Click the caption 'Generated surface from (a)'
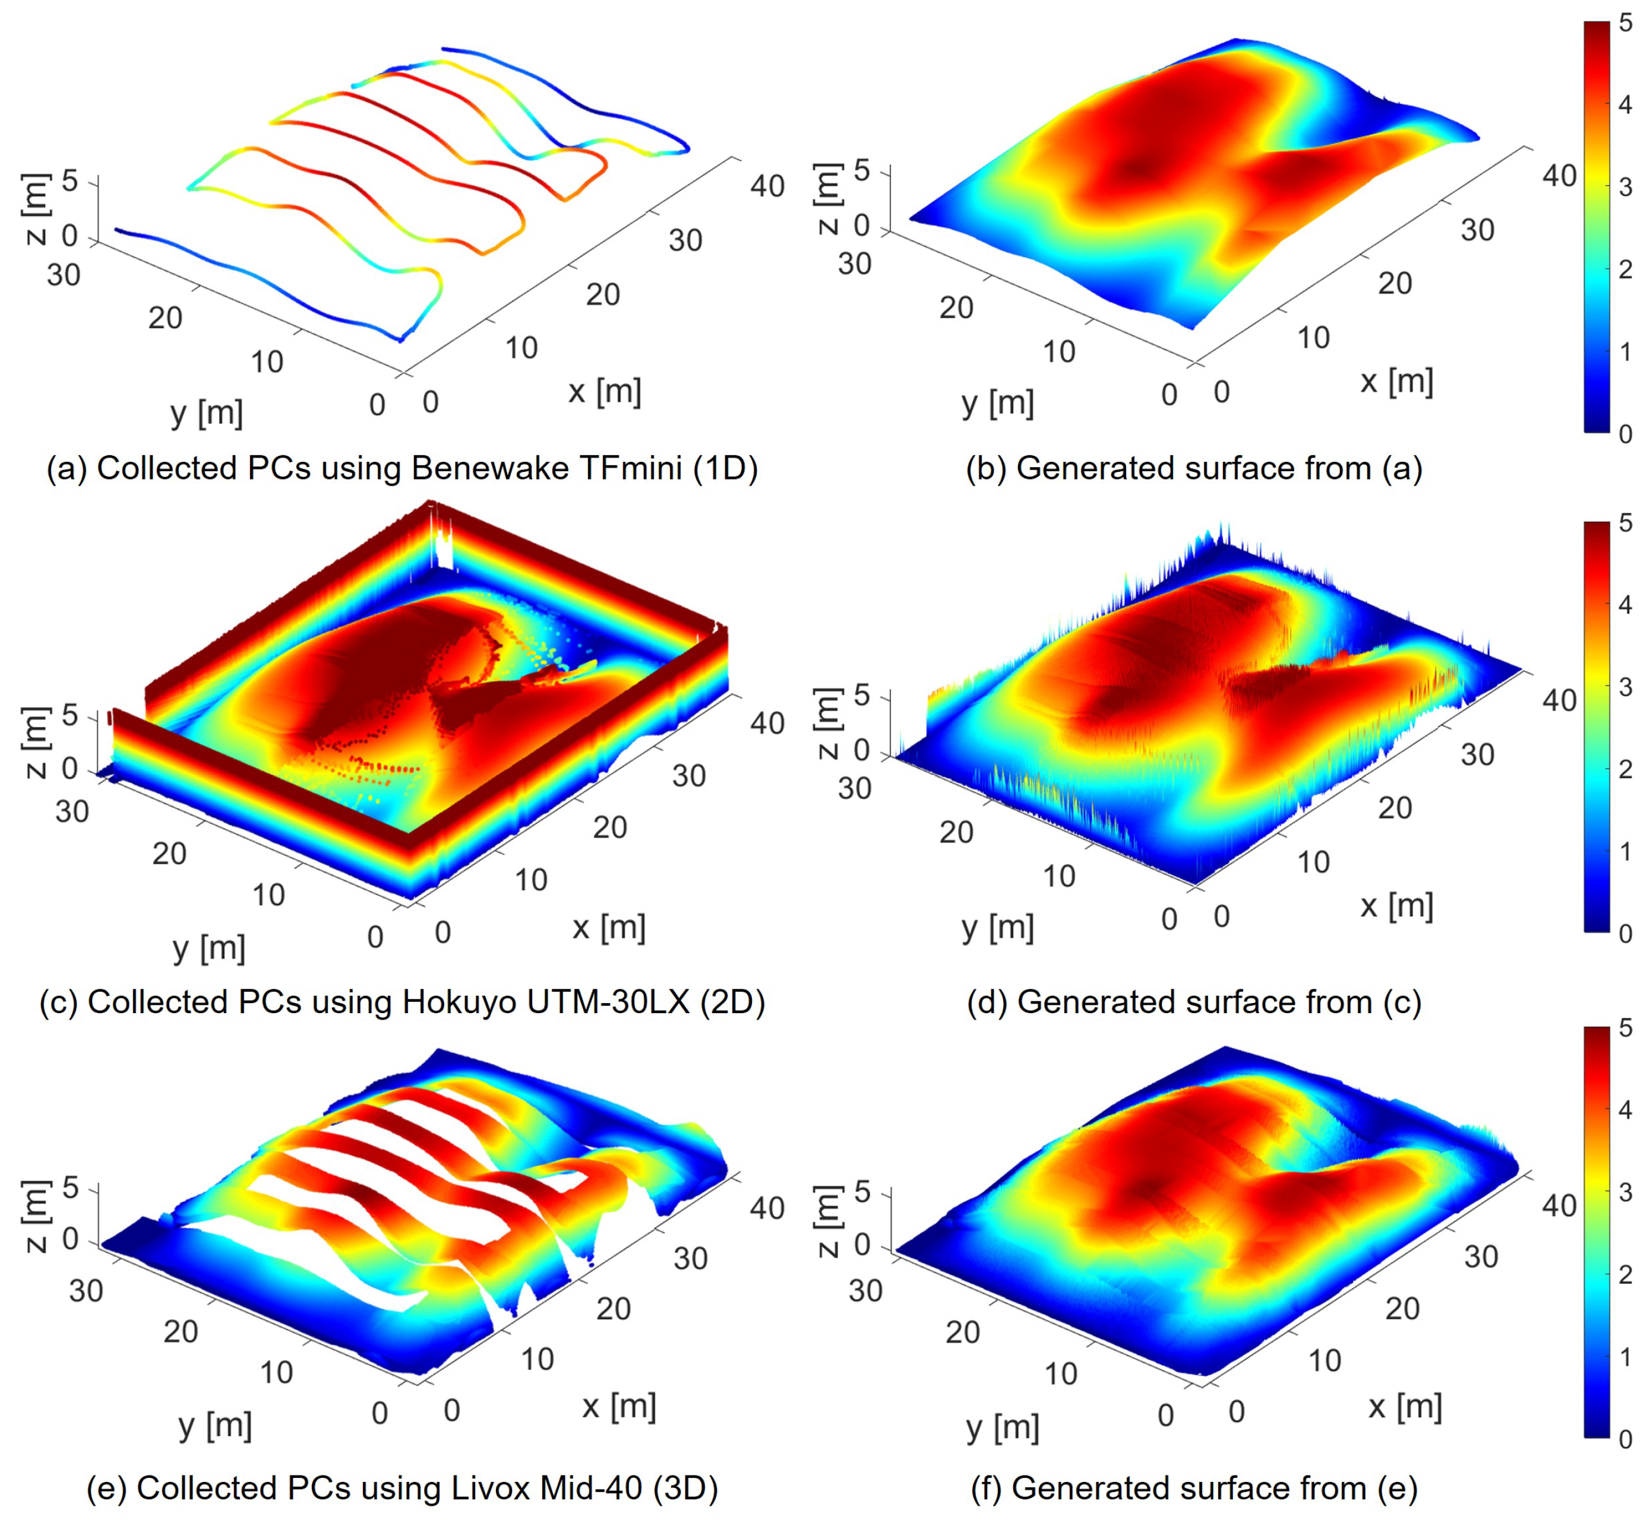(x=1194, y=468)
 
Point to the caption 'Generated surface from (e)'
(x=1194, y=1487)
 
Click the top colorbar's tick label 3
(x=1624, y=187)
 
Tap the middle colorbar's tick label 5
(x=1624, y=523)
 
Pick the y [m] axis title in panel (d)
(x=997, y=927)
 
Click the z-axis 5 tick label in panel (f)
(x=862, y=1191)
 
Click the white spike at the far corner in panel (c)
(x=442, y=539)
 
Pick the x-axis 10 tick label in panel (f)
(x=1325, y=1360)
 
